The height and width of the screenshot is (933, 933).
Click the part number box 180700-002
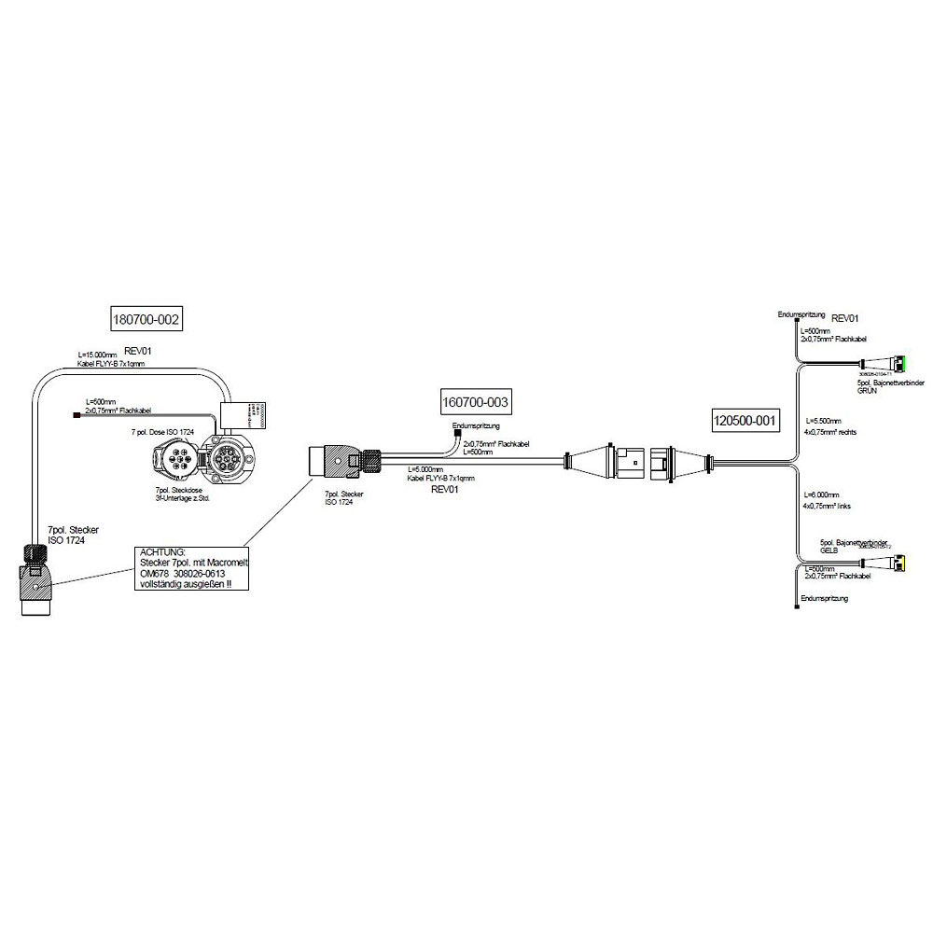145,319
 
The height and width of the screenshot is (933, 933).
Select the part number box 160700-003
476,402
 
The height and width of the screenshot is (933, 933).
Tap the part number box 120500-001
744,421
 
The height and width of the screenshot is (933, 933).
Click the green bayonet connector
899,363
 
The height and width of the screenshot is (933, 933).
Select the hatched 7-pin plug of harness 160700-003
335,462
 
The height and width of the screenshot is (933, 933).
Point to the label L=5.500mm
823,421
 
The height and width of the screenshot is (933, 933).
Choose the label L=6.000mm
823,494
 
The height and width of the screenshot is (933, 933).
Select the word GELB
830,550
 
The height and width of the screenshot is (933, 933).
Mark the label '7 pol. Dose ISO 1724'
162,432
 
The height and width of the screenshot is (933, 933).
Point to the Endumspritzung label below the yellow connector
825,598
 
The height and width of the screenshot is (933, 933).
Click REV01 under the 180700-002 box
137,351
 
